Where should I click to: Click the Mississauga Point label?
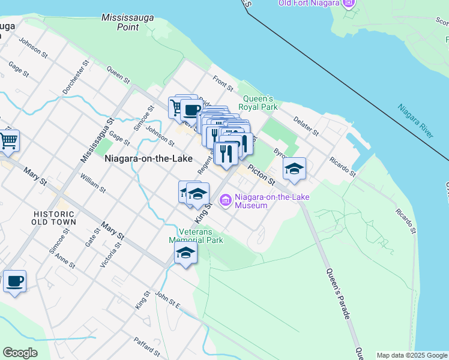click(x=127, y=22)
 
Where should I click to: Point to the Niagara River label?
click(x=415, y=121)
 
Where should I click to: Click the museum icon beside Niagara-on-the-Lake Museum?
click(x=226, y=200)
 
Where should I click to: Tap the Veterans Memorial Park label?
click(x=200, y=236)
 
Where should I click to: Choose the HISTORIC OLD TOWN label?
click(x=55, y=217)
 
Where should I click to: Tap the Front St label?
click(x=222, y=82)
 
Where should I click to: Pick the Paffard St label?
click(x=147, y=347)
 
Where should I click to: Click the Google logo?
click(x=20, y=353)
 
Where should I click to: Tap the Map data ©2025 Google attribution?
click(x=412, y=355)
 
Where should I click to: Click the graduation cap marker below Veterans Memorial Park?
click(x=186, y=253)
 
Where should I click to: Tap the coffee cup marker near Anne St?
click(x=14, y=281)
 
